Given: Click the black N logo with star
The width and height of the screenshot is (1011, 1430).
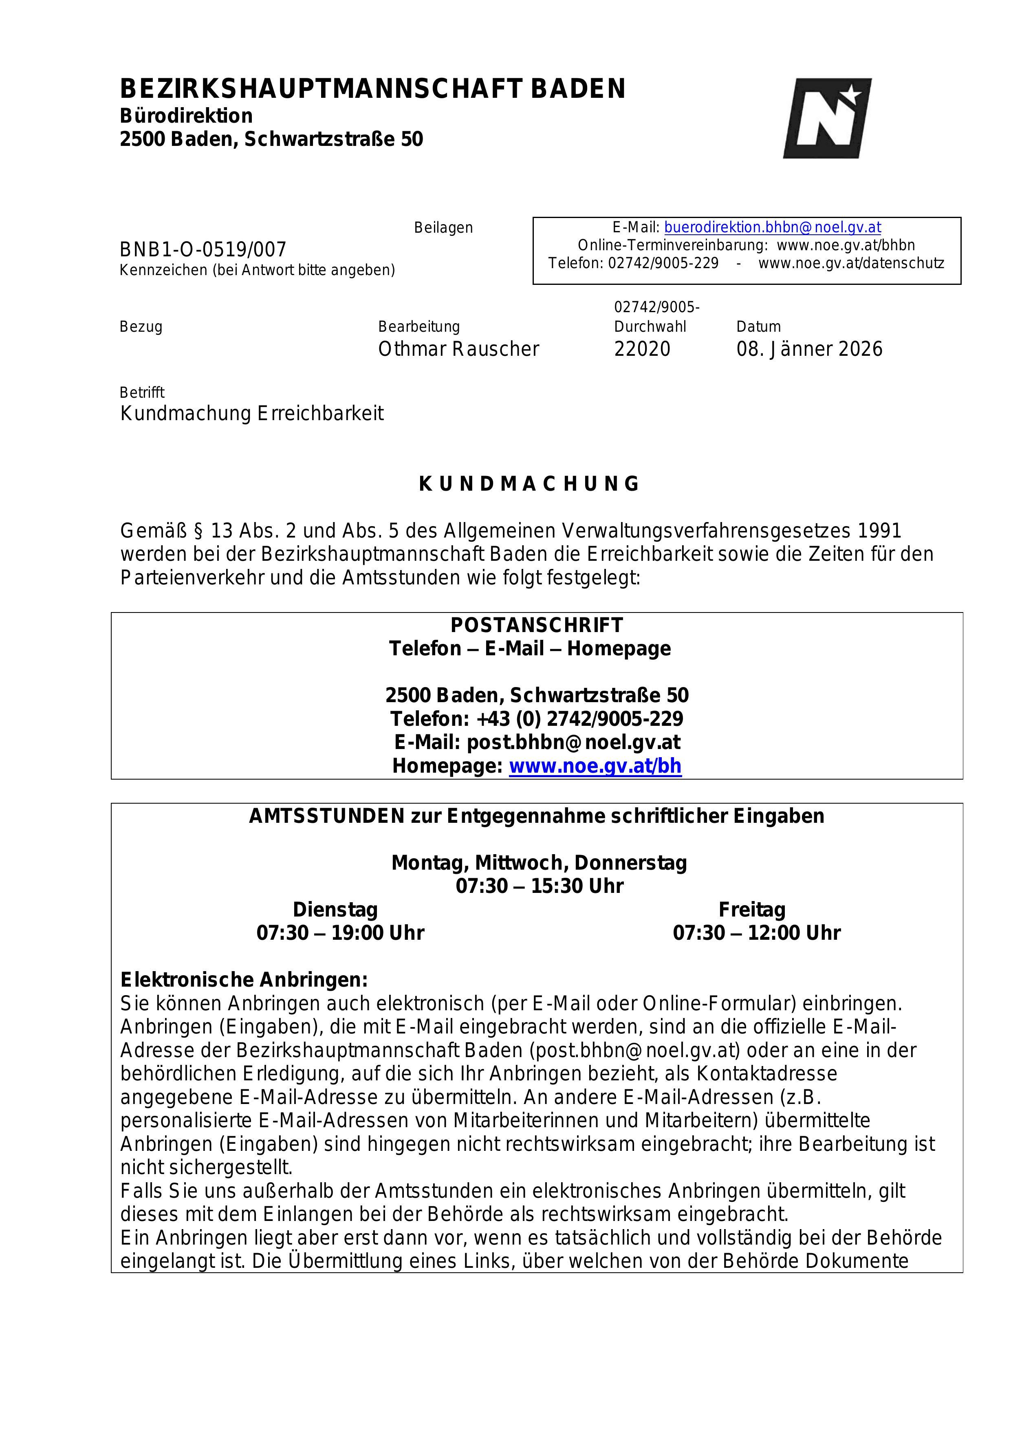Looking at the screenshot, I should coord(827,118).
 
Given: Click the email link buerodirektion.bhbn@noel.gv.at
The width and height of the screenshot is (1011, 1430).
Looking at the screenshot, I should coord(773,227).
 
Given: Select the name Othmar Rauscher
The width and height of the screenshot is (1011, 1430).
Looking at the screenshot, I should coord(458,349).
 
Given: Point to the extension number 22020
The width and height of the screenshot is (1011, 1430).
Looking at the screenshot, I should coord(642,349).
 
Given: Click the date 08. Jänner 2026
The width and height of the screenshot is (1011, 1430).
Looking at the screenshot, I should coord(809,349).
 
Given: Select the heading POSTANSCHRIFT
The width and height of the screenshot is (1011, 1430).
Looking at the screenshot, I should coord(536,625).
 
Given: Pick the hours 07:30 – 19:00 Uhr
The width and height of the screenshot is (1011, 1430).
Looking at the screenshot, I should coord(340,933).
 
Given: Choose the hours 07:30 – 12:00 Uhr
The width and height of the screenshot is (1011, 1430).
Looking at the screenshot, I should coord(756,933).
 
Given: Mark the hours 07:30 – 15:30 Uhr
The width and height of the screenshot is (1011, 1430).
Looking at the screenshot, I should coord(540,886).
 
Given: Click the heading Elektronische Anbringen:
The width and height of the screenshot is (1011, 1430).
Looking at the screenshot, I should coord(244,980).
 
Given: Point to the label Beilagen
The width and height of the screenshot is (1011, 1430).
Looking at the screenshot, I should coord(443,228).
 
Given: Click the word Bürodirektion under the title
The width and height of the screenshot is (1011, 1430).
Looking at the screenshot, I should coord(186,116).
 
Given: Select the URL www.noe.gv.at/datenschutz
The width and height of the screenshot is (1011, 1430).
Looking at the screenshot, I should coord(851,263).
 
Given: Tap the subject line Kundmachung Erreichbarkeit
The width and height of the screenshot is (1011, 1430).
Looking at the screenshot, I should coord(252,414).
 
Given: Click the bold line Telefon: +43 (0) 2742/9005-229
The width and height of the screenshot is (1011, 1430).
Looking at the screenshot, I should coord(536,719).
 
